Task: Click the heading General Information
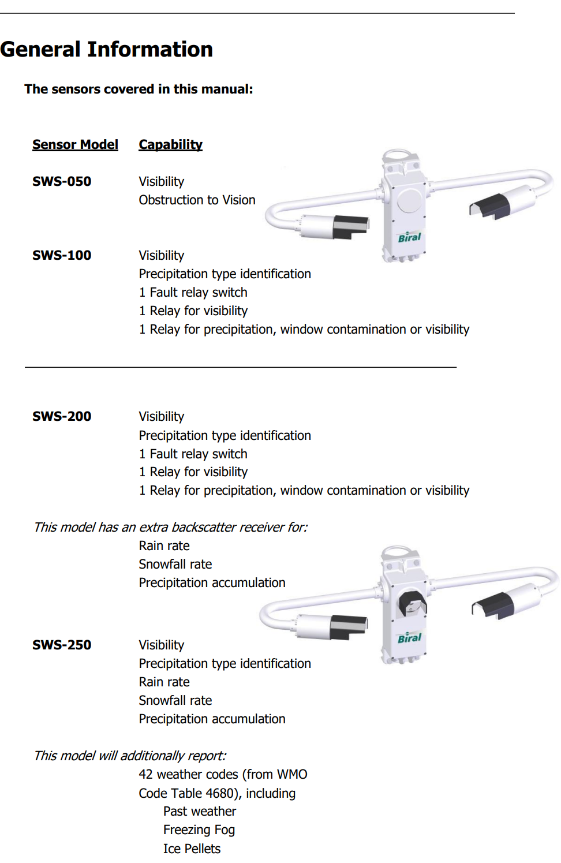107,50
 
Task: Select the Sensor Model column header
75,144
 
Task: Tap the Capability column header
170,144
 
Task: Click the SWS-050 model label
62,181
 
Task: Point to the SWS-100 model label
62,255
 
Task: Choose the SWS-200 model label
62,416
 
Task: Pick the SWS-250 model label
62,645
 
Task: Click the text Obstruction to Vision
197,200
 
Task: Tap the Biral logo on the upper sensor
409,237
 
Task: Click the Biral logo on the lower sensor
409,638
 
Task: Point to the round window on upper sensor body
410,200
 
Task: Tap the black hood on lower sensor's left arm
349,626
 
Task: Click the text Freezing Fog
199,830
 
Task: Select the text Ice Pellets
192,849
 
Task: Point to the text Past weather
200,811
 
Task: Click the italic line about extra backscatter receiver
170,527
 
